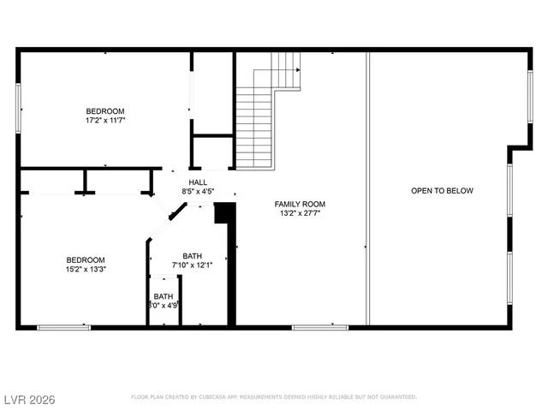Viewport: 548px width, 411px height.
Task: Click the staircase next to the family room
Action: (255, 124)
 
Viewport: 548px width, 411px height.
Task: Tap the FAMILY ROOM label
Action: (300, 204)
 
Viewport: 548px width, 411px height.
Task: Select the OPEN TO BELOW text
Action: (442, 191)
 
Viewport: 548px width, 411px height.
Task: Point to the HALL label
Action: (198, 182)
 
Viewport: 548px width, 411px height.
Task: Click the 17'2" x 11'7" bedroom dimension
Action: (104, 121)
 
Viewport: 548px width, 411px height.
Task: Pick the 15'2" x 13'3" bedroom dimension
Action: (86, 270)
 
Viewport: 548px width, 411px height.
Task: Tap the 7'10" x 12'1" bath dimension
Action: (192, 265)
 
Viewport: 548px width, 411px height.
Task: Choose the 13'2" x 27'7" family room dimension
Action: (300, 213)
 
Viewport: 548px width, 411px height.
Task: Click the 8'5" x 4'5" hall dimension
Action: (198, 192)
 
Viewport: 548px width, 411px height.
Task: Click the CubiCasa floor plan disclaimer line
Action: (273, 397)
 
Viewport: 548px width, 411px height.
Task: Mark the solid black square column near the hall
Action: (224, 212)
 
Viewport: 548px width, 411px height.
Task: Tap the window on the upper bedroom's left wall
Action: (18, 108)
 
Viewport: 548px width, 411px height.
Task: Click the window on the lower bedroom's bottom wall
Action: (63, 326)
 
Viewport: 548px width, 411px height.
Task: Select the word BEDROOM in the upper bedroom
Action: (104, 111)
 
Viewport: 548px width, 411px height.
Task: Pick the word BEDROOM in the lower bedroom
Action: (86, 260)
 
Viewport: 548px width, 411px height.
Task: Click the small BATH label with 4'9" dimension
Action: (163, 296)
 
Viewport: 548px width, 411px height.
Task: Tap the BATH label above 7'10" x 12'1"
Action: (192, 256)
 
